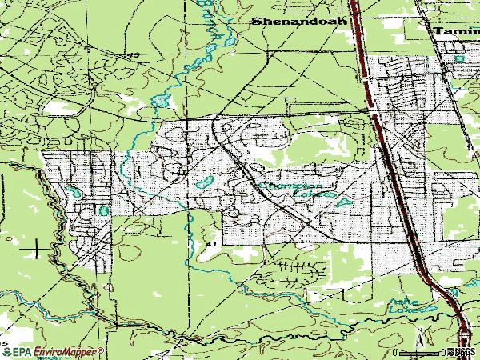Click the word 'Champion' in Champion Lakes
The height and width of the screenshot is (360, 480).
277,186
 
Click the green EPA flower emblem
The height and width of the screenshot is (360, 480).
6,352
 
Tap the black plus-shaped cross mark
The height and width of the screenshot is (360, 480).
37,251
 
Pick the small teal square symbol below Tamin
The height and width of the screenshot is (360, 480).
459,58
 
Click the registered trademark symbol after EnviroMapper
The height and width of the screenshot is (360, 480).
103,349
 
